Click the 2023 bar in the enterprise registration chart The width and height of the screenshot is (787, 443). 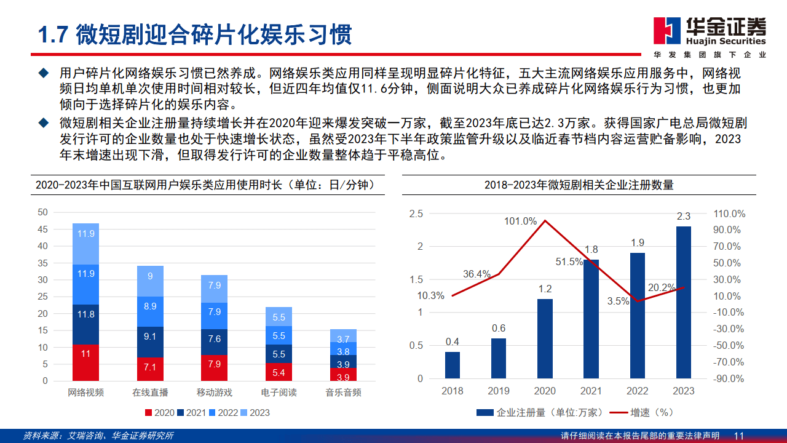(x=683, y=301)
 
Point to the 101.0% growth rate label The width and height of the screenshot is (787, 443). (x=521, y=221)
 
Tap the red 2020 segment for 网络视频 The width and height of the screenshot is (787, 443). (x=85, y=362)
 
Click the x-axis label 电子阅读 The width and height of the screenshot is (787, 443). (x=279, y=392)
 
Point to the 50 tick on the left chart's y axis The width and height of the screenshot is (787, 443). (x=42, y=212)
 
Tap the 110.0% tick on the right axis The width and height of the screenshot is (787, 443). (x=730, y=214)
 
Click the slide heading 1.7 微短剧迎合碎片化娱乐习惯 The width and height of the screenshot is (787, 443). (x=195, y=35)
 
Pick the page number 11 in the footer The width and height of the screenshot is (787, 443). (x=739, y=436)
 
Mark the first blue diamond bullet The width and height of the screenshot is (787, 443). (x=43, y=73)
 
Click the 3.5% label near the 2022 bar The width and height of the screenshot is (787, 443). (x=618, y=301)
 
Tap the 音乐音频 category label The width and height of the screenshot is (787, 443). (x=343, y=392)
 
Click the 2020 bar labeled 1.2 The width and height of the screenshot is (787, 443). (x=545, y=338)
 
